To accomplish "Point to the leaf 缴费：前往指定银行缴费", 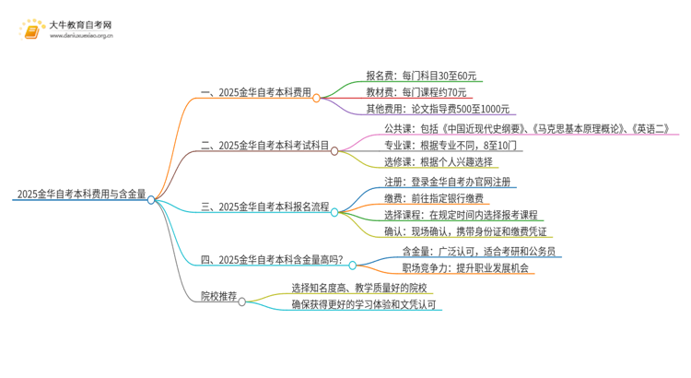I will coord(434,198).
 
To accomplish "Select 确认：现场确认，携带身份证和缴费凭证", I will coord(464,230).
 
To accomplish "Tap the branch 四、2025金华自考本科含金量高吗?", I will coord(273,261).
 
